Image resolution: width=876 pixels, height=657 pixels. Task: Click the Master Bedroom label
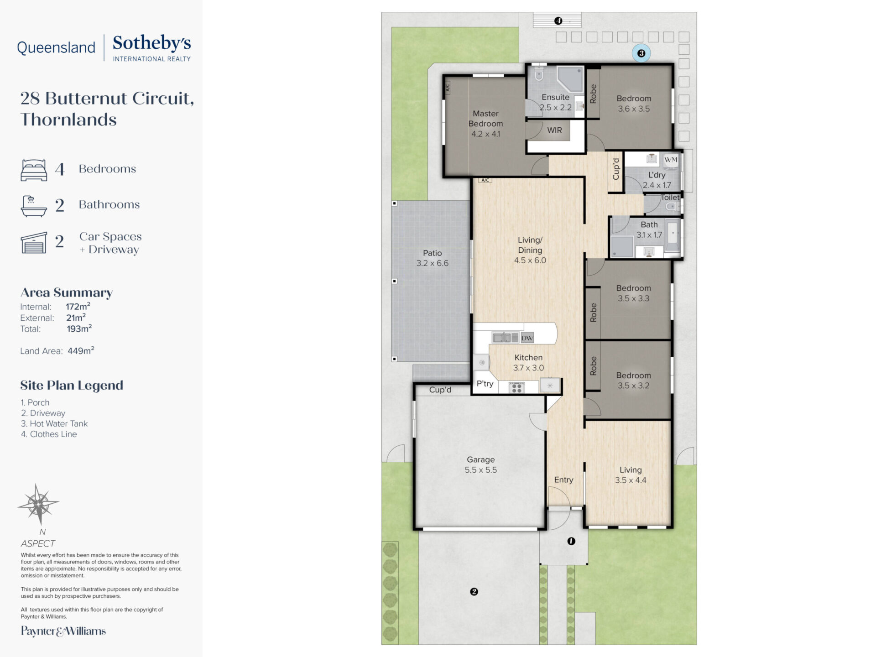(485, 119)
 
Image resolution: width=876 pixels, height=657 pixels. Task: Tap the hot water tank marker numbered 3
(641, 53)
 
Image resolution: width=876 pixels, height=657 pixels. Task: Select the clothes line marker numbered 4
(558, 21)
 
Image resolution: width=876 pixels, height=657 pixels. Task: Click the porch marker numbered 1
(571, 541)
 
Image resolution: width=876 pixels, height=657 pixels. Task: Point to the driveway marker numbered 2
(474, 592)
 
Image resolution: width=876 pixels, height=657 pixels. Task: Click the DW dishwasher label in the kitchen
(527, 338)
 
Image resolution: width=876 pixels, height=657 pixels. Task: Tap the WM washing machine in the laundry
(671, 160)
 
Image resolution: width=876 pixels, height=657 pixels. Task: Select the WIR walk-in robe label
(554, 130)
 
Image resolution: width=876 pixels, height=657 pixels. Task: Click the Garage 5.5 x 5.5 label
(481, 465)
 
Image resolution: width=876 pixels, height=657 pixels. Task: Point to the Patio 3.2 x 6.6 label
(432, 258)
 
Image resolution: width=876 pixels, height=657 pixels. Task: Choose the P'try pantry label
(485, 384)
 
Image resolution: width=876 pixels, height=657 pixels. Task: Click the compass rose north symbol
(39, 504)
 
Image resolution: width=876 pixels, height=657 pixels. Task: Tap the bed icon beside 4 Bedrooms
(34, 170)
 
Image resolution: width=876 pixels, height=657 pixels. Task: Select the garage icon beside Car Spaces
(34, 242)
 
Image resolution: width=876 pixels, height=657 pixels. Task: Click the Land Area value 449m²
(81, 350)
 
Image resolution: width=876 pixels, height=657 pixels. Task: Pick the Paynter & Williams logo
(63, 631)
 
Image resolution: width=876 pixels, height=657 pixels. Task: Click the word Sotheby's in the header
(152, 43)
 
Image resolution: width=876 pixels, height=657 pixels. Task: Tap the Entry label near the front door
(563, 480)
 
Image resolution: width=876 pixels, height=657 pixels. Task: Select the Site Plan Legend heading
(72, 386)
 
